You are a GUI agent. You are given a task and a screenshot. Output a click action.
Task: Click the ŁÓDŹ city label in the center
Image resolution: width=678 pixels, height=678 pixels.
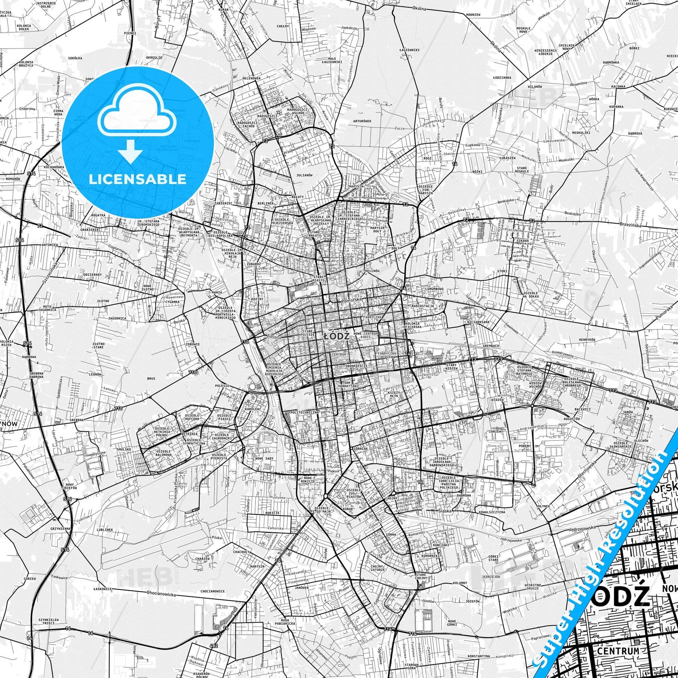tap(336, 336)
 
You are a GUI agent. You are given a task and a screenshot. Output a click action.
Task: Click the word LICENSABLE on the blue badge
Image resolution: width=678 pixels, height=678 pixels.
tap(137, 179)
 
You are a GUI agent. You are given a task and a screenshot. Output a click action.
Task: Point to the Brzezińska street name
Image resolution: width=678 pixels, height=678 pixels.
tap(630, 226)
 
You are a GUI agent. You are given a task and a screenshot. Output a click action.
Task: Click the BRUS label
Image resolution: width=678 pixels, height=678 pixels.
tap(151, 379)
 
